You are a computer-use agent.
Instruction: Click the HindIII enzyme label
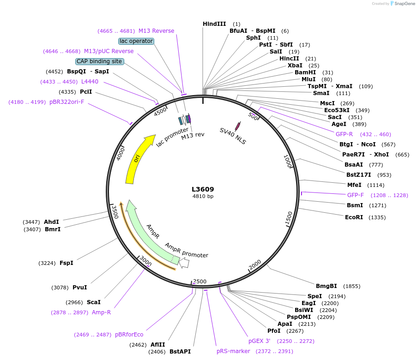[x=215, y=24]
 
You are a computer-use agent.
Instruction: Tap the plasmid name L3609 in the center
[x=203, y=189]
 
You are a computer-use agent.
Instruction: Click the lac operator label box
[x=136, y=41]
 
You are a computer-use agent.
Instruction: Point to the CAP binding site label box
[x=99, y=61]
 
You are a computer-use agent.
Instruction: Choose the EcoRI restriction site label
[x=354, y=217]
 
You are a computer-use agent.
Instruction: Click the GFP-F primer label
[x=356, y=195]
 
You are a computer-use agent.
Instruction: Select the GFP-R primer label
[x=344, y=134]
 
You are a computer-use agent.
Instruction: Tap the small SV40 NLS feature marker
[x=238, y=126]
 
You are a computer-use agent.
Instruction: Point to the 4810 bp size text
[x=203, y=196]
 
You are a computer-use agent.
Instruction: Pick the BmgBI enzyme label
[x=326, y=286]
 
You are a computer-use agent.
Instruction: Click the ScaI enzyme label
[x=94, y=302]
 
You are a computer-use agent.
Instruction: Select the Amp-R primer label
[x=101, y=312]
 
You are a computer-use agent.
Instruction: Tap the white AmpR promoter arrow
[x=184, y=263]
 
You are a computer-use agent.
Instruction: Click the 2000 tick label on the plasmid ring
[x=255, y=265]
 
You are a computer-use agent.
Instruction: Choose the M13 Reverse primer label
[x=157, y=31]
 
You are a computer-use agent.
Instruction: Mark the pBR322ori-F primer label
[x=67, y=102]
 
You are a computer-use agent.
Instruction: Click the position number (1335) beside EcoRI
[x=377, y=217]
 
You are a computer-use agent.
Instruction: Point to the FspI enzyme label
[x=66, y=263]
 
